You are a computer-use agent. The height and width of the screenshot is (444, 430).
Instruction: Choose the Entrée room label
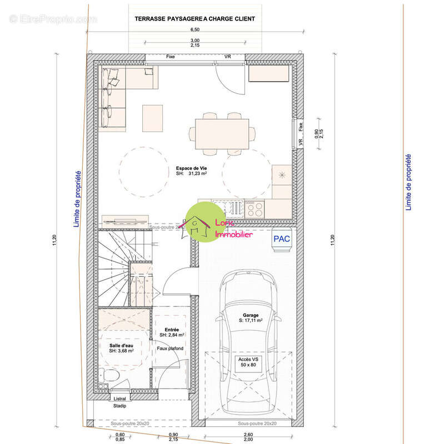tap(172, 332)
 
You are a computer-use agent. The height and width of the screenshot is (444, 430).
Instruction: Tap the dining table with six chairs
tap(221, 133)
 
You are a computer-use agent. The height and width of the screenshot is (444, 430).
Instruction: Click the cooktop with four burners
tap(254, 209)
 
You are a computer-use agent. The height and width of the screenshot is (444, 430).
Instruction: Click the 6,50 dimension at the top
tap(195, 30)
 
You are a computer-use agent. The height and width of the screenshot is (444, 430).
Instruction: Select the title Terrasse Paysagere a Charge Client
tap(194, 19)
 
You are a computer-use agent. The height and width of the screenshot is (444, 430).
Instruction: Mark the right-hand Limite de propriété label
tap(409, 182)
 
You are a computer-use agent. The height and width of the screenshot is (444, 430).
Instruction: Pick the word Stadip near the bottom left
tap(120, 406)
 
